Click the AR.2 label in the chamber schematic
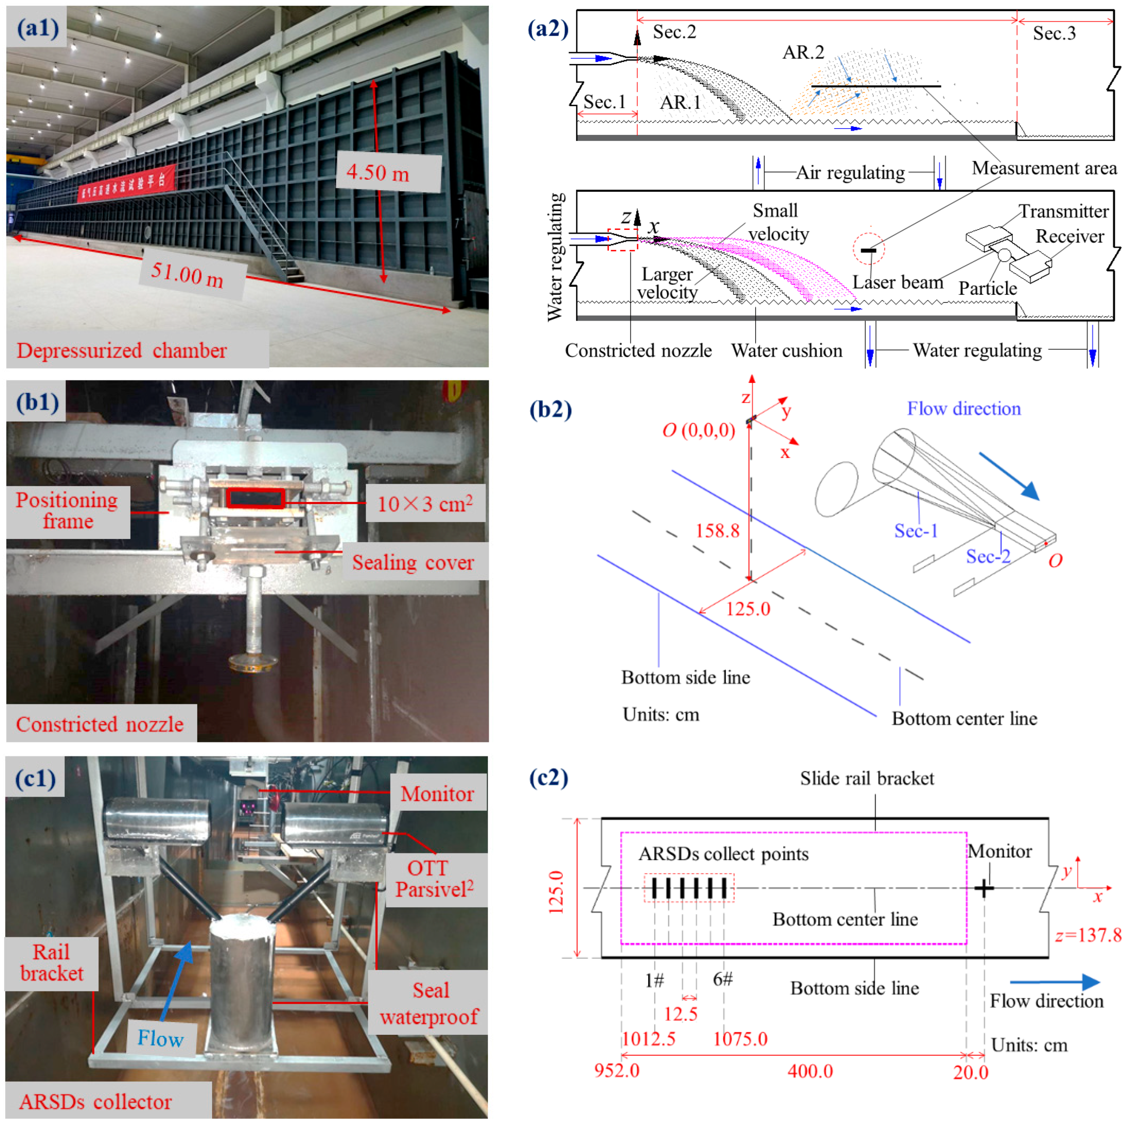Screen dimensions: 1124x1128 coord(803,52)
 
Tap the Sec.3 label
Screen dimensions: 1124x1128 coord(1054,33)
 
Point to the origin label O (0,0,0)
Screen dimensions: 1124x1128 coord(698,430)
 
